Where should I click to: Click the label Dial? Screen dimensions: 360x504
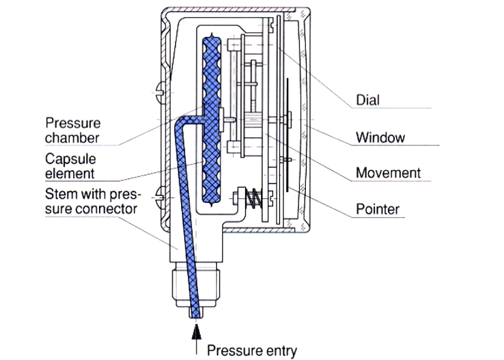click(x=368, y=100)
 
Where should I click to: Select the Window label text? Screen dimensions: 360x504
click(x=380, y=138)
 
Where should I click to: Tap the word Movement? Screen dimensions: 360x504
click(x=388, y=173)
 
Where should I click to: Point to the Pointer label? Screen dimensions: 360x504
click(x=377, y=209)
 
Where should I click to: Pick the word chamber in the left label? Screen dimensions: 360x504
click(x=72, y=138)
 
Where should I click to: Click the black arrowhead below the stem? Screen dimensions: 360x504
click(x=195, y=334)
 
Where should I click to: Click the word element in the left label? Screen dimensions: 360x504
click(x=70, y=173)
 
